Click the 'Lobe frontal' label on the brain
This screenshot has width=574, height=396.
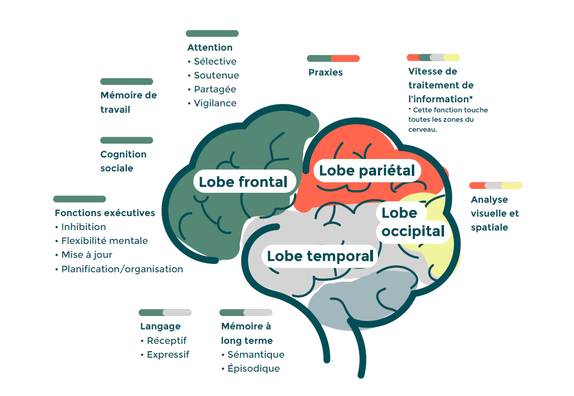point(243,182)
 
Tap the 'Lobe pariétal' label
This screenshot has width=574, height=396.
point(367,170)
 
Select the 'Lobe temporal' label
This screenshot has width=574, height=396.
point(320,256)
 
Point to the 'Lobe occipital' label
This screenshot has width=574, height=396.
point(413,222)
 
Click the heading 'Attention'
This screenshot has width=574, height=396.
point(210,48)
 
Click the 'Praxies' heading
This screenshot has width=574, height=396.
point(325,73)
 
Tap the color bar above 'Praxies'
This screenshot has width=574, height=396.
point(333,59)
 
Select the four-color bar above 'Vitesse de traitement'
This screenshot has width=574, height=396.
point(433,57)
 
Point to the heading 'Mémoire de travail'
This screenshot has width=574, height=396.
point(128,102)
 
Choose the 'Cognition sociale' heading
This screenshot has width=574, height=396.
point(124,161)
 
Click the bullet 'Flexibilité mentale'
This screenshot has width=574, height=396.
point(104,241)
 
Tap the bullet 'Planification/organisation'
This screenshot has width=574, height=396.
point(122,269)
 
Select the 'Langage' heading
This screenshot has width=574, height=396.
point(160,326)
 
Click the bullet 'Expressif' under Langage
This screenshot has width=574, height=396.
point(168,355)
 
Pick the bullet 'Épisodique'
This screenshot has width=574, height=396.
point(253,369)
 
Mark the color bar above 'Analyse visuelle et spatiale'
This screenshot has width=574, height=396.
point(496,185)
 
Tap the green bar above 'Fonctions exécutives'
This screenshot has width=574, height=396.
point(79,199)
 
